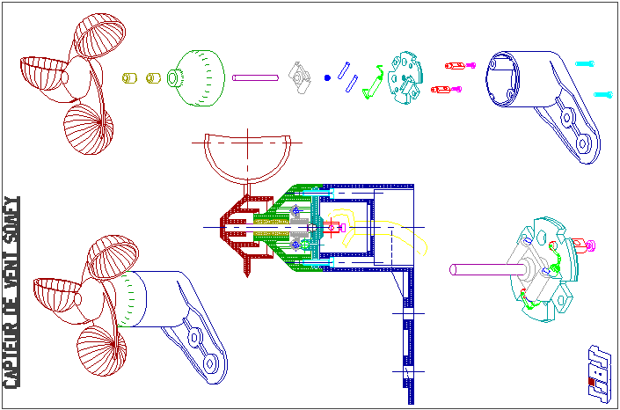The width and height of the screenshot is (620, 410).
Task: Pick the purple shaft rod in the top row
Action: pyautogui.click(x=255, y=77)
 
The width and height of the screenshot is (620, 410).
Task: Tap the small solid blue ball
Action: pyautogui.click(x=327, y=78)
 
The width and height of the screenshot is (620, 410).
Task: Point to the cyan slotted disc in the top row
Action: pyautogui.click(x=407, y=77)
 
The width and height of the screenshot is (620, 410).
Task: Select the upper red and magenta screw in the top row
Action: pyautogui.click(x=457, y=65)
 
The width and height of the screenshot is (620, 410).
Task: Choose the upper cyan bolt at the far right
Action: pyautogui.click(x=586, y=63)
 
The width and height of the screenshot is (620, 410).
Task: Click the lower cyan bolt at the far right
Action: pyautogui.click(x=603, y=93)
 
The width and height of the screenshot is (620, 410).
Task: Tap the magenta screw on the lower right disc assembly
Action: pyautogui.click(x=590, y=244)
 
